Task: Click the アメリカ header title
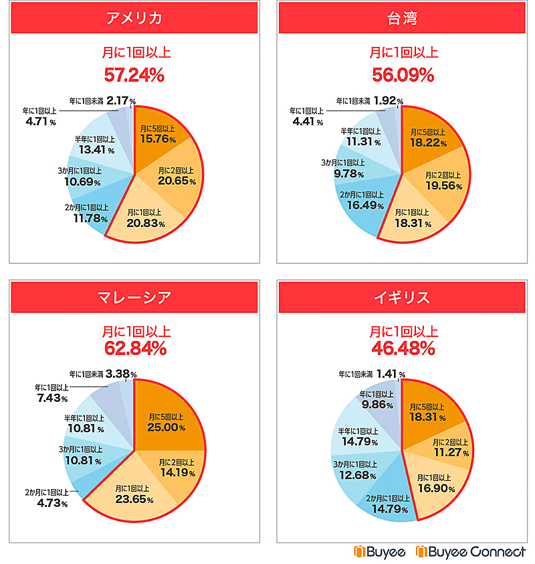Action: (x=134, y=17)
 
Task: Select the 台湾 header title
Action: (x=403, y=17)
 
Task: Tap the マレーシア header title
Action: (x=134, y=297)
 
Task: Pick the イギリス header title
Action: (x=403, y=297)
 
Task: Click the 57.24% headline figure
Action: (x=134, y=74)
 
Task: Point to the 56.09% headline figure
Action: (x=403, y=74)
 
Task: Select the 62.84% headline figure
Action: (x=134, y=348)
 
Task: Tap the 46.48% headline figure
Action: (x=403, y=348)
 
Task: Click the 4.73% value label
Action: (x=51, y=504)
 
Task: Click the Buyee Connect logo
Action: (x=471, y=551)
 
